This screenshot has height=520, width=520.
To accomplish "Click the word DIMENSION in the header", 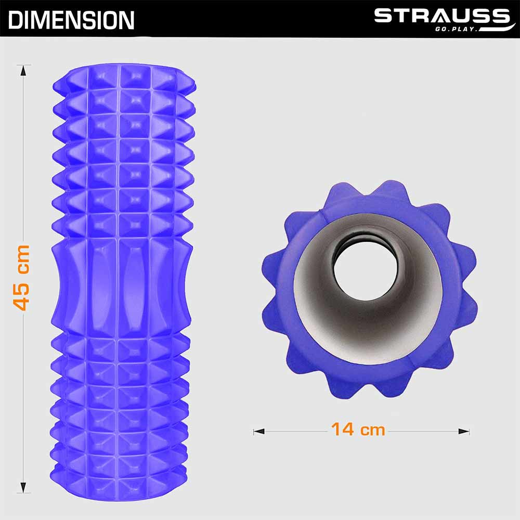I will (x=71, y=20).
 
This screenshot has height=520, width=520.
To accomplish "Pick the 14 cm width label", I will (x=358, y=430).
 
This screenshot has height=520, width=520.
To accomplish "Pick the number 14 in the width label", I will (x=342, y=430).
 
